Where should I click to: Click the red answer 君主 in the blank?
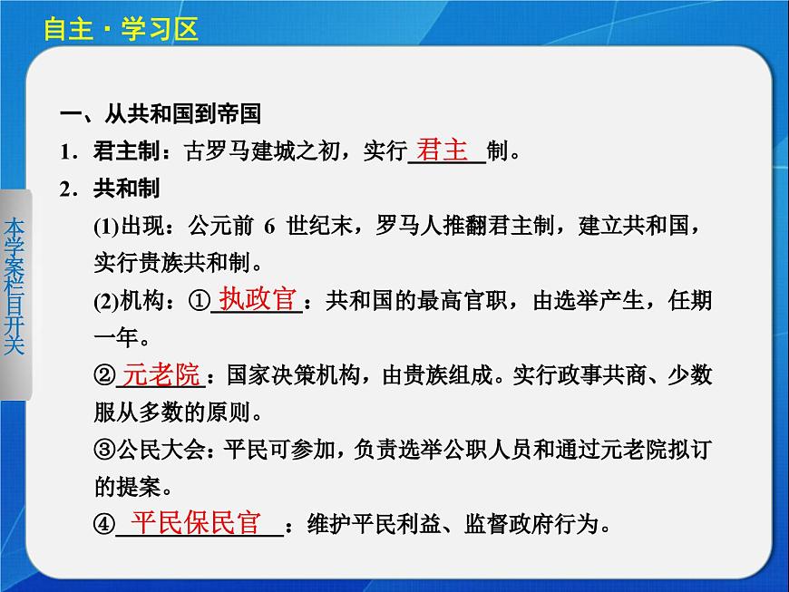coord(443,150)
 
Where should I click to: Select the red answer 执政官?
coord(258,299)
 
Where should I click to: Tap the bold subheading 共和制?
coord(126,188)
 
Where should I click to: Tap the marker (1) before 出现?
coord(105,226)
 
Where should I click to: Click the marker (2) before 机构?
coord(105,301)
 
